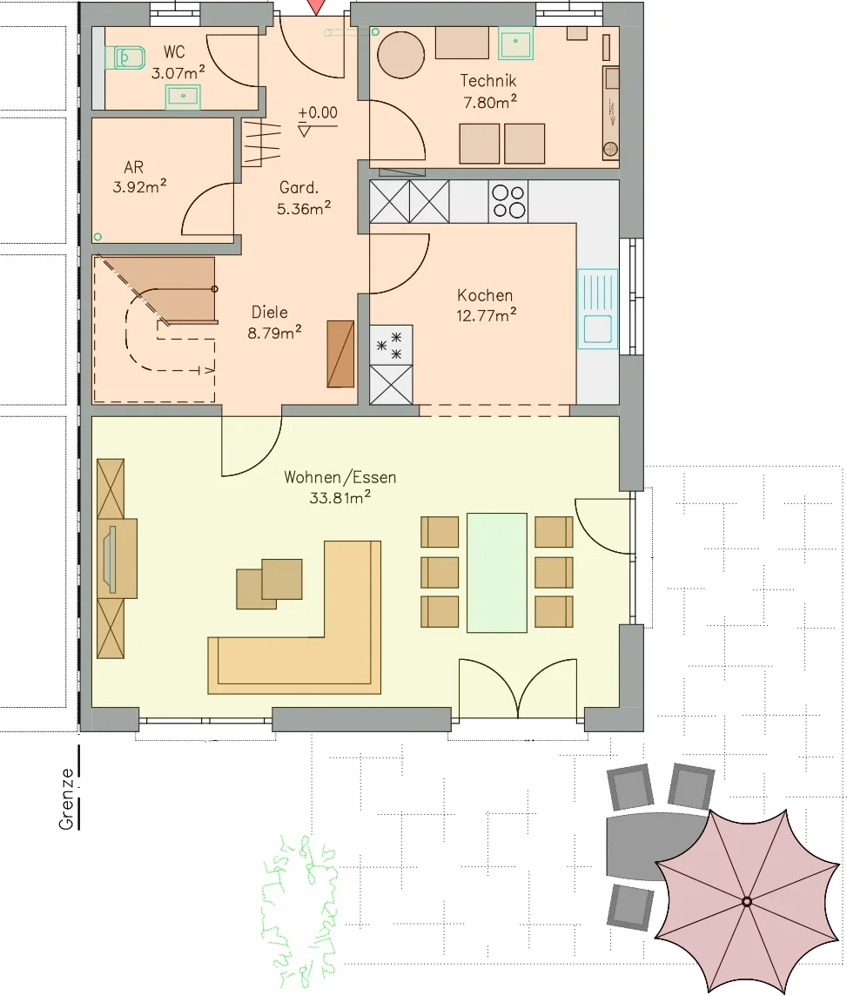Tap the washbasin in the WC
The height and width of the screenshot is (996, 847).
tap(183, 97)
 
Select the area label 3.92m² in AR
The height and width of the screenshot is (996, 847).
tap(139, 186)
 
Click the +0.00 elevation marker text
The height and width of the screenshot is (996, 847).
tap(318, 112)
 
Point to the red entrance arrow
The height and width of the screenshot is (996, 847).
tap(316, 7)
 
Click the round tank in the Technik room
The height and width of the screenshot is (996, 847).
tap(400, 55)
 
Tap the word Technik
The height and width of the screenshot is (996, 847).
tap(487, 81)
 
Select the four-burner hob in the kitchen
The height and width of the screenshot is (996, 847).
tap(508, 201)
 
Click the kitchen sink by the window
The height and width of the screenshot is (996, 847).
tap(597, 309)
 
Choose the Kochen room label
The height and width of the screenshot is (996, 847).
tap(485, 295)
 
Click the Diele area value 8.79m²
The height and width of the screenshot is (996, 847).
tap(274, 333)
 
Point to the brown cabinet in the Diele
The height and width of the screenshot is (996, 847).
tap(340, 353)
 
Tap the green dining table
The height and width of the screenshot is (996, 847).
tap(496, 572)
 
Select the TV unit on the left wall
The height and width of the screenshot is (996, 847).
tap(117, 558)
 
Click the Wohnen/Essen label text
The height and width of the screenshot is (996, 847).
tap(339, 477)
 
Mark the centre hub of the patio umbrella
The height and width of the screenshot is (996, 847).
tap(747, 901)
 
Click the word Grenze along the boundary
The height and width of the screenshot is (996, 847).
tap(66, 798)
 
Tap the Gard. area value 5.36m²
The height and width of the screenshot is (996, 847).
tap(304, 208)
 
